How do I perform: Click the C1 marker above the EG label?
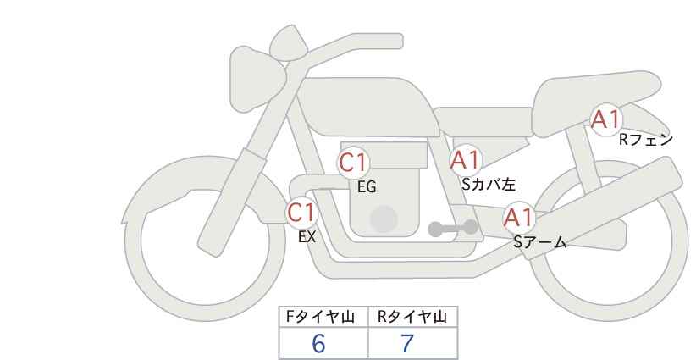(353, 163)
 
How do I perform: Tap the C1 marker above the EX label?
(301, 213)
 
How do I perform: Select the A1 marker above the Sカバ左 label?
(466, 160)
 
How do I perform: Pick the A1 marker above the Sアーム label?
(519, 218)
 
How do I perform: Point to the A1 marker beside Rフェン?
(605, 119)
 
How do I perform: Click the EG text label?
(367, 187)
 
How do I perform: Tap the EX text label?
(307, 237)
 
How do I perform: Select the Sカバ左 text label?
(489, 184)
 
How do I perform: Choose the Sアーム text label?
(540, 242)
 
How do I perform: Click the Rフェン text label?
(646, 140)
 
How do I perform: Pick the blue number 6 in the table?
(318, 344)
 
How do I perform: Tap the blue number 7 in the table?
(407, 344)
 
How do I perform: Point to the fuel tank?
(367, 107)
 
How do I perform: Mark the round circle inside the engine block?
(384, 219)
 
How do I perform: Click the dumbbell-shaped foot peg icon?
(453, 228)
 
